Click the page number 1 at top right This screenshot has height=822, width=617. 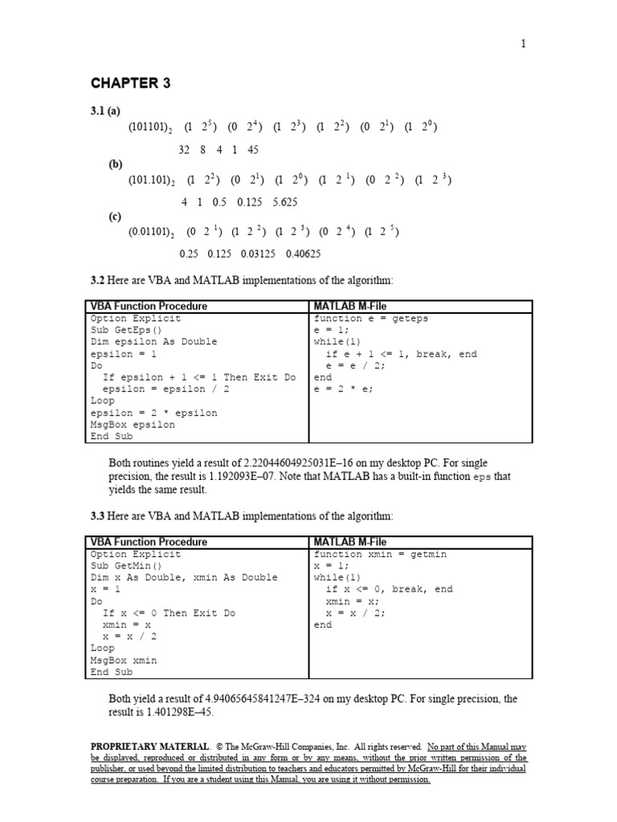click(x=524, y=44)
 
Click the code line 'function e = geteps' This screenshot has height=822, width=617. click(x=371, y=319)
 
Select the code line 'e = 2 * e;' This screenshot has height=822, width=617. click(x=345, y=389)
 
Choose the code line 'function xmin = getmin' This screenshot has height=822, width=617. click(x=380, y=555)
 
